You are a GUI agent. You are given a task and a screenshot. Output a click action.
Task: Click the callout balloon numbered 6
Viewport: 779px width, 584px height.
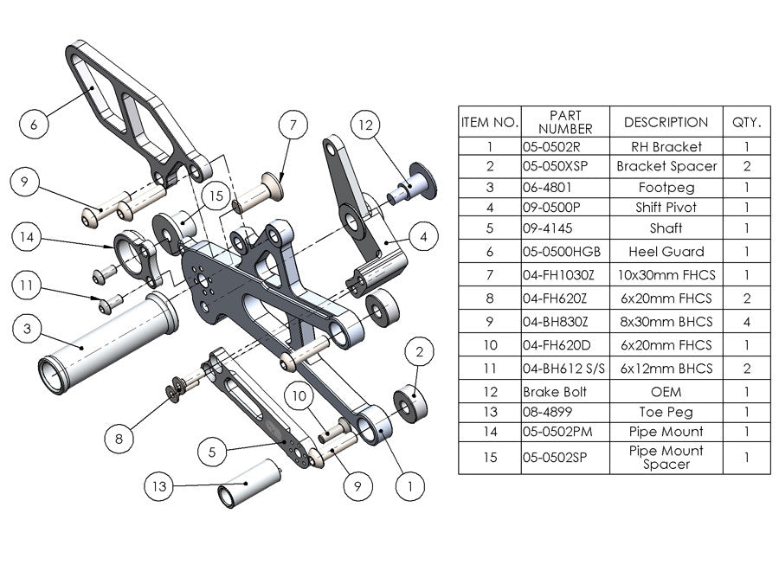[34, 125]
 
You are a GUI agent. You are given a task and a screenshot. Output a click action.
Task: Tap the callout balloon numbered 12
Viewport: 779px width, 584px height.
[365, 125]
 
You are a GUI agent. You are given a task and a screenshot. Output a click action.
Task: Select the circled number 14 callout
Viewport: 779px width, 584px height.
[29, 236]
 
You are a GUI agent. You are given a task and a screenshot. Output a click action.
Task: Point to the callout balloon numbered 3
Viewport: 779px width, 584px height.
[29, 329]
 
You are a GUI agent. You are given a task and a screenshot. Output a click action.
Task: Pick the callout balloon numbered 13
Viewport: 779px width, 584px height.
[158, 487]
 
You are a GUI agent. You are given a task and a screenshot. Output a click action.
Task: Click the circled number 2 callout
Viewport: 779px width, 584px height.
[419, 352]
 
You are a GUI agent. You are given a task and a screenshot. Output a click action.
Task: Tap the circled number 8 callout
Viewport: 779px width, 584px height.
[120, 440]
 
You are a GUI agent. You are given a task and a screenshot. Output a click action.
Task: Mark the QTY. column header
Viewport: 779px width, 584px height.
[746, 122]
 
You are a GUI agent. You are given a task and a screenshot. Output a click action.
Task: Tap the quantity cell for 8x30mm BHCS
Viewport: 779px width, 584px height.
[746, 322]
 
